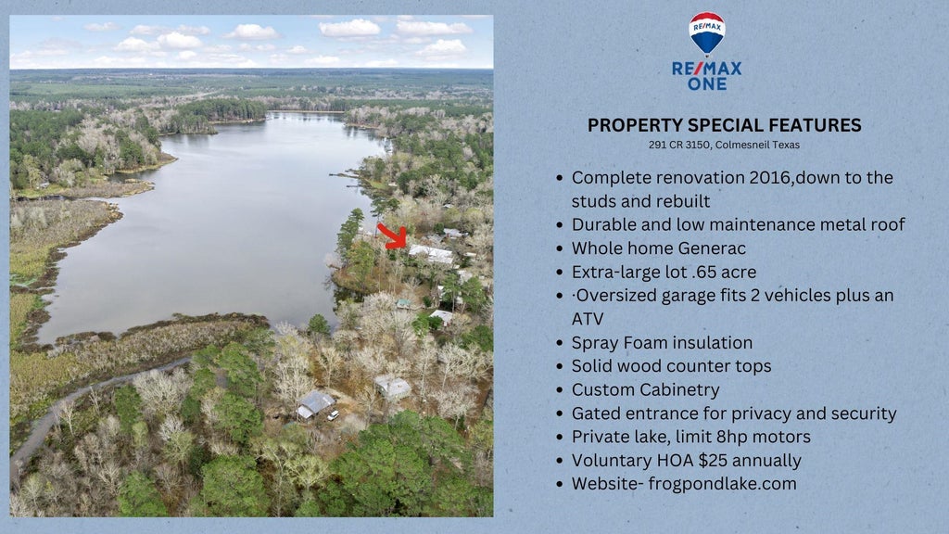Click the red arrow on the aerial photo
coord(393,236)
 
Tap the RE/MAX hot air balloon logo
coord(707,34)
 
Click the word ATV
coord(587,319)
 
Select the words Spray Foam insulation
coord(662,343)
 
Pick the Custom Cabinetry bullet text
coord(646,390)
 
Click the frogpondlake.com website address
coord(722,484)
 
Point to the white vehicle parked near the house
coord(333,415)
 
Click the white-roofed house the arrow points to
coord(432,254)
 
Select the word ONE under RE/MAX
coord(707,83)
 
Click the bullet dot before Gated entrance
coord(560,414)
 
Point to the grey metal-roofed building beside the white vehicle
coord(315,404)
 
